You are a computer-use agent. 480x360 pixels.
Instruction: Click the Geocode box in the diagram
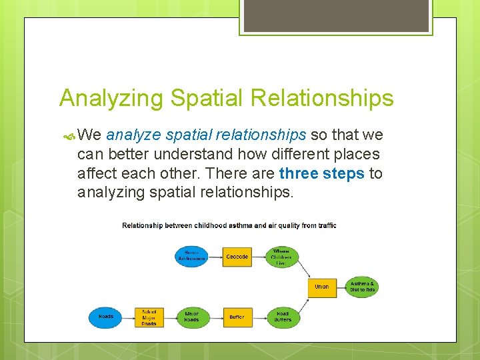point(237,257)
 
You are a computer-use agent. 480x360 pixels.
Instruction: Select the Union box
point(322,287)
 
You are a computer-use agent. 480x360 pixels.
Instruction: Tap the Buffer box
point(237,317)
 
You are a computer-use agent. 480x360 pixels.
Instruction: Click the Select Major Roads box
point(149,317)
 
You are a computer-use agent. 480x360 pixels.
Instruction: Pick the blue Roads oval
point(105,317)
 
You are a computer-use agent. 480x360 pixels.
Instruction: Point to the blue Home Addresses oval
point(192,257)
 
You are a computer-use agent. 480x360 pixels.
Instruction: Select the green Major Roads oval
point(191,317)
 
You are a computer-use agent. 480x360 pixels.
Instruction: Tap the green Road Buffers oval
point(283,317)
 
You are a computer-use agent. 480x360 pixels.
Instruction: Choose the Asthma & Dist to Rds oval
point(363,287)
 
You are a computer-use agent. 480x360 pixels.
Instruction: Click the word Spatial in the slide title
point(207,98)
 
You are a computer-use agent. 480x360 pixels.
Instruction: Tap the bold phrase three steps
point(322,173)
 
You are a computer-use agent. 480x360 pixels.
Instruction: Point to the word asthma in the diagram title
point(239,225)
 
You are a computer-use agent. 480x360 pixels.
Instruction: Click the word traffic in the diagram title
point(327,225)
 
